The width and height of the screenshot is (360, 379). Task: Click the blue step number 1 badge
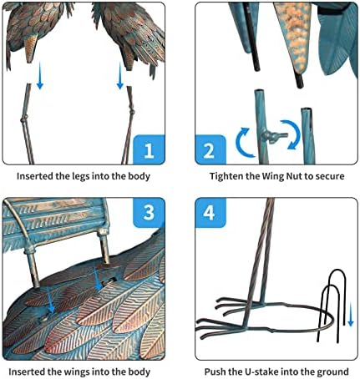149,149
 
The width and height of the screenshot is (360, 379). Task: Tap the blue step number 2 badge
210,149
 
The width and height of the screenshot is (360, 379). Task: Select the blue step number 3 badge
149,212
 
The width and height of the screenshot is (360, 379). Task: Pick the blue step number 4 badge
210,212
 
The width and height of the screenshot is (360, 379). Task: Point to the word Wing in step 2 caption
271,176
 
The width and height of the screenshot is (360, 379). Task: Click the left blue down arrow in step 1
40,76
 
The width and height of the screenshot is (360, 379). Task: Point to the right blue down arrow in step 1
120,76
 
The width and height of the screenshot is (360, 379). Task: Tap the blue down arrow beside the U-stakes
351,315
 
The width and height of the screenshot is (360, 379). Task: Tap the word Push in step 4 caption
215,371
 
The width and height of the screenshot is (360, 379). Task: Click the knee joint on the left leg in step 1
24,120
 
